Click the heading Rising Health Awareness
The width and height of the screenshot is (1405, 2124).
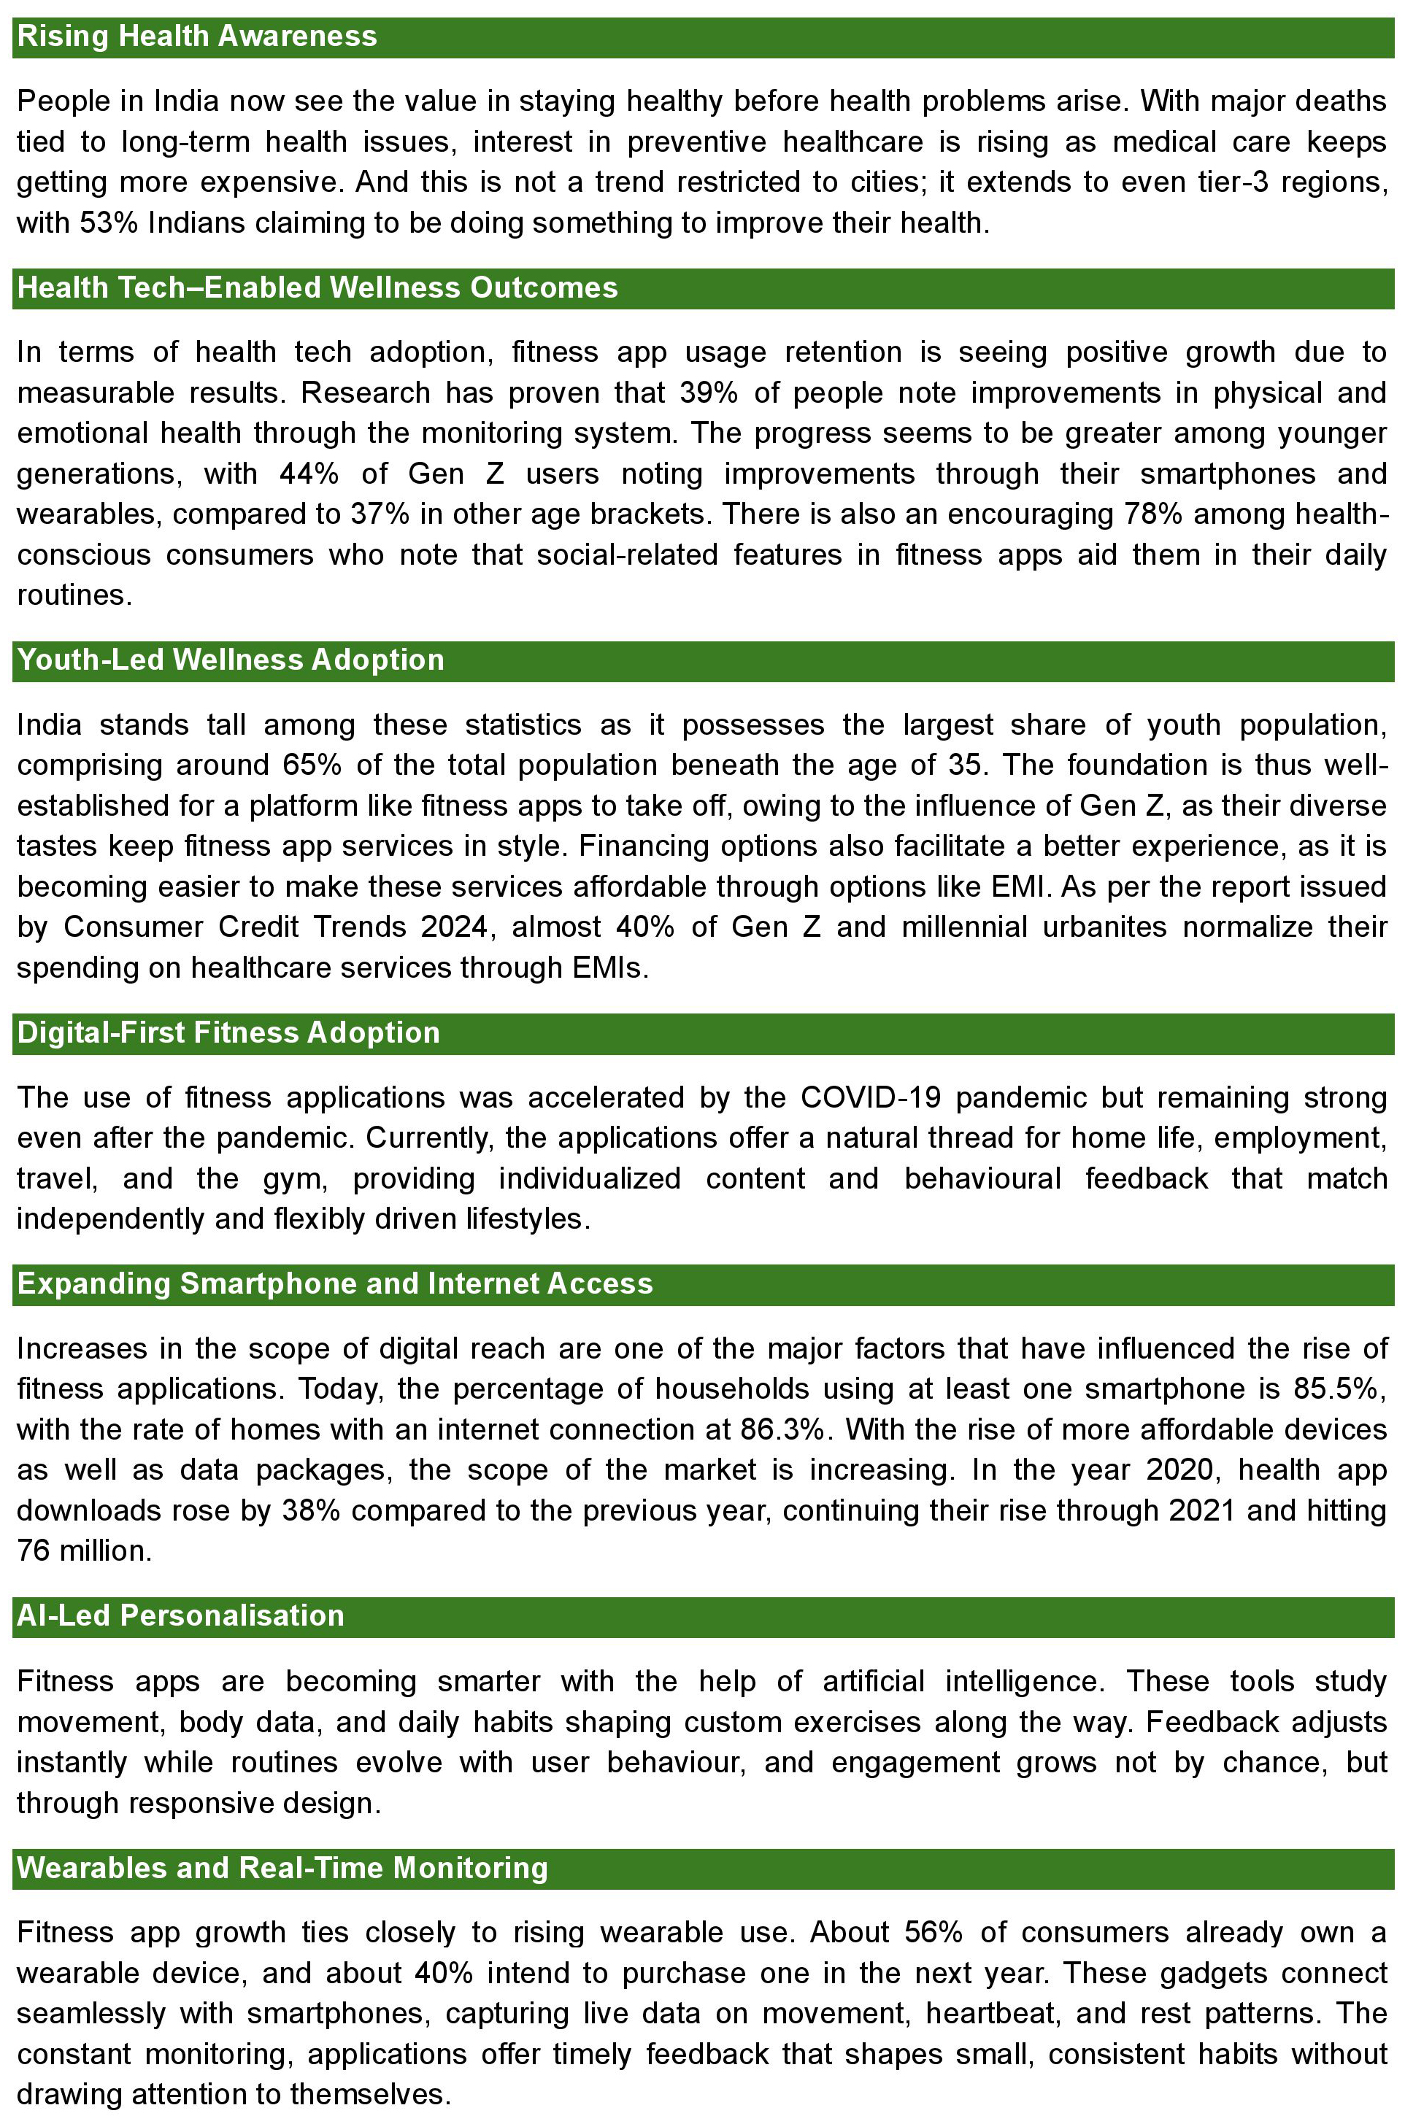197,36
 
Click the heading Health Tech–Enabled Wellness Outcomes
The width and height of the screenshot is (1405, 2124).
317,287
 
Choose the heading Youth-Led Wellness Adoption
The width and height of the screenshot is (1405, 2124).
231,660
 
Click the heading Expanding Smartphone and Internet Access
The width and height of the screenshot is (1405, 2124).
335,1283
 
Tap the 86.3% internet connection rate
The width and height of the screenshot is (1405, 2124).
782,1429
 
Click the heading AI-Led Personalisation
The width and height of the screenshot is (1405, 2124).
180,1615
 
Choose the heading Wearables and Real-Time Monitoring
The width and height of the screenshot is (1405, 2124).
282,1868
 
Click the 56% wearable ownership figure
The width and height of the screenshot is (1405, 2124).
933,1932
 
